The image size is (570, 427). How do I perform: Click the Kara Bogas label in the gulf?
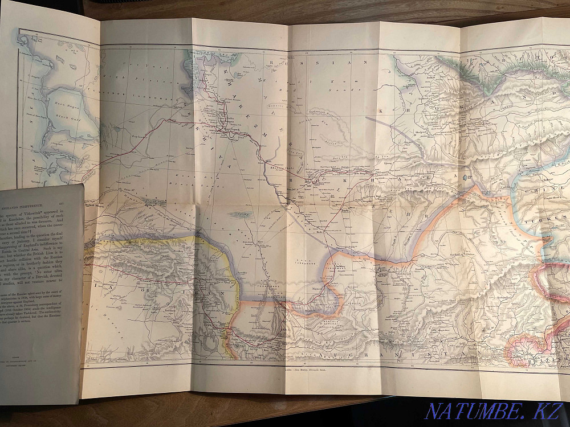coord(67,105)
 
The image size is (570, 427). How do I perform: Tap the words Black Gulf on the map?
coord(68,117)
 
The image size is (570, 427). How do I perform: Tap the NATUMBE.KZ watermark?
coord(494,410)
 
